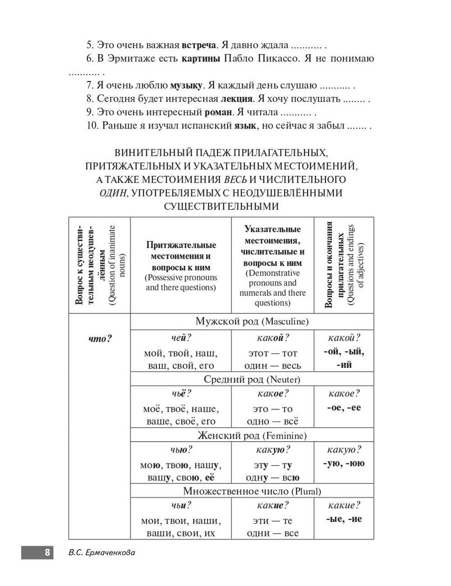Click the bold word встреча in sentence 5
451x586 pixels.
pyautogui.click(x=199, y=45)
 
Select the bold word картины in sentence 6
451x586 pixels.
pyautogui.click(x=201, y=59)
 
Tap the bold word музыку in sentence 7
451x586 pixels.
pyautogui.click(x=186, y=85)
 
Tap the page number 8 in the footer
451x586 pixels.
pyautogui.click(x=46, y=553)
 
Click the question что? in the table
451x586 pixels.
pyautogui.click(x=100, y=339)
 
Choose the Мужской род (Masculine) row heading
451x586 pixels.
pyautogui.click(x=252, y=322)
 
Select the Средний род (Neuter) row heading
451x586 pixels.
pyautogui.click(x=252, y=379)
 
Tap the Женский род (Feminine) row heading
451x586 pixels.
pyautogui.click(x=252, y=435)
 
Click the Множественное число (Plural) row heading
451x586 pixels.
pyautogui.click(x=252, y=491)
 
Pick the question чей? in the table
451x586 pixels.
pyautogui.click(x=181, y=338)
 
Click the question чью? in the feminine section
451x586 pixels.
pyautogui.click(x=181, y=450)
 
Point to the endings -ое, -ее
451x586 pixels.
pyautogui.click(x=344, y=408)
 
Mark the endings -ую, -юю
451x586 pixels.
pyautogui.click(x=344, y=463)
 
